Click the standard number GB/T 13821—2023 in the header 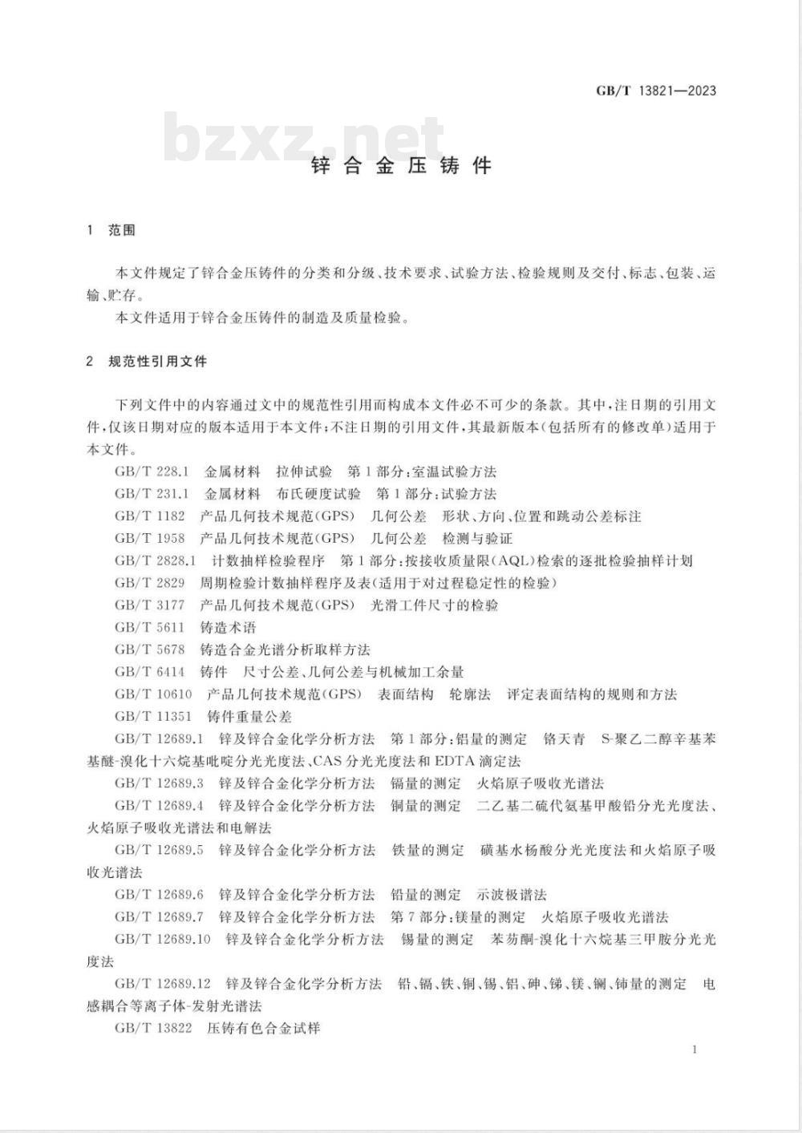pyautogui.click(x=655, y=91)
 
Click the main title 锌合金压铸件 pyautogui.click(x=400, y=166)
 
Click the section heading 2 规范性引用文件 pyautogui.click(x=147, y=362)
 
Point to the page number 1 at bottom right pyautogui.click(x=694, y=1049)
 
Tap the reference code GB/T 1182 pyautogui.click(x=149, y=516)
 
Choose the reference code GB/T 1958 pyautogui.click(x=149, y=538)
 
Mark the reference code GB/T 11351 pyautogui.click(x=153, y=716)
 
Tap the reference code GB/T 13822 pyautogui.click(x=153, y=1027)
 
